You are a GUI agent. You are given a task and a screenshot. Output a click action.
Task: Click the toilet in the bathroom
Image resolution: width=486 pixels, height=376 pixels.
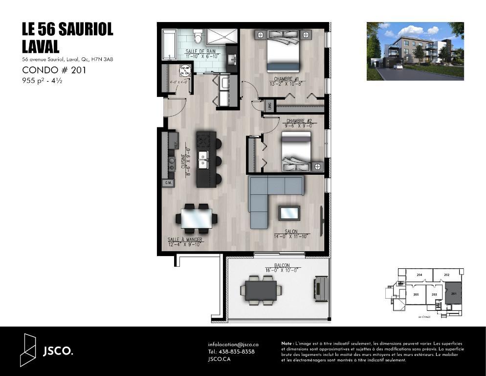pos(198,36)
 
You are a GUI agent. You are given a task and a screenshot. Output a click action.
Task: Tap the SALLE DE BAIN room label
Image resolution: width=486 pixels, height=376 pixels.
pos(200,51)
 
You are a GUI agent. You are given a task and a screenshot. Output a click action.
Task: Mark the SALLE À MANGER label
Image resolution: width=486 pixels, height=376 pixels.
pos(185,240)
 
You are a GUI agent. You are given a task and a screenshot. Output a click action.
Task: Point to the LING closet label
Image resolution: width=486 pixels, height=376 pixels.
pos(268,105)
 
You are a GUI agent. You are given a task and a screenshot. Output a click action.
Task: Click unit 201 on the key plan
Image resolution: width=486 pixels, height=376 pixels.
pos(453,293)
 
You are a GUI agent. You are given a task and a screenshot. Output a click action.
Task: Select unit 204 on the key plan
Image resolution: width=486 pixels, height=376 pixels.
pos(419,276)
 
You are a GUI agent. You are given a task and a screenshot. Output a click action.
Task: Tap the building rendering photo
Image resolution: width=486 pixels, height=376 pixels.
pos(415,51)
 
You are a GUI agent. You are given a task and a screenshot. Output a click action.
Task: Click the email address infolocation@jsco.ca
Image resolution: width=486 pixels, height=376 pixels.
pos(233,345)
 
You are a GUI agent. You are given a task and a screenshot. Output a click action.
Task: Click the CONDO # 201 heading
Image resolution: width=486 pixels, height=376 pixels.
pos(54,70)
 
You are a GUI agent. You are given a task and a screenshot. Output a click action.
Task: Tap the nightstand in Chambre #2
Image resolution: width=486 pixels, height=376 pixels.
pos(317,166)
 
